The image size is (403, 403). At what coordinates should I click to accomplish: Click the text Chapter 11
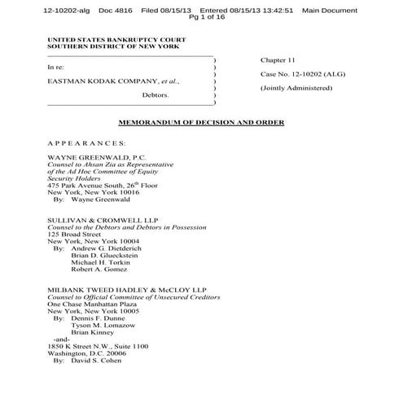(x=279, y=61)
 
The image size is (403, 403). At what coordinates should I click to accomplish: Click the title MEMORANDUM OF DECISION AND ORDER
(x=200, y=123)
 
